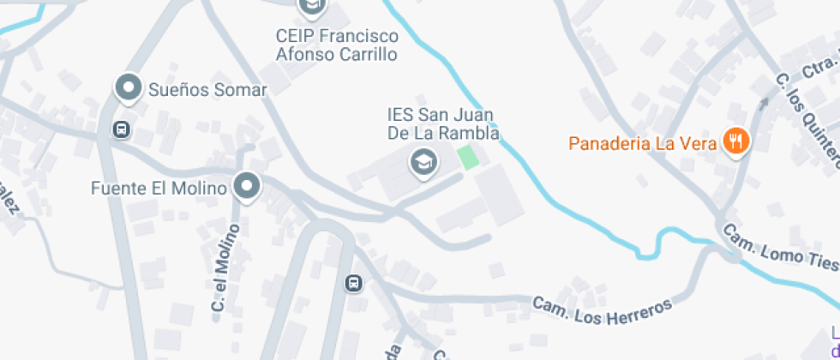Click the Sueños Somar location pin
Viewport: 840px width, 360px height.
pos(129,87)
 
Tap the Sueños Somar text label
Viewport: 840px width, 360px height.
pos(207,89)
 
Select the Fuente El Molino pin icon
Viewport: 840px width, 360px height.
pos(248,186)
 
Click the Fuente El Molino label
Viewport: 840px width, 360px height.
pos(159,188)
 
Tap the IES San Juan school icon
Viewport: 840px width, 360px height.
pos(422,161)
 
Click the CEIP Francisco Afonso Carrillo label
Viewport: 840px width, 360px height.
pos(337,45)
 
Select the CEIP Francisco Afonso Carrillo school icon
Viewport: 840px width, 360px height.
pos(312,7)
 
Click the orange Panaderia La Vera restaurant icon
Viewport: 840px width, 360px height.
pos(735,141)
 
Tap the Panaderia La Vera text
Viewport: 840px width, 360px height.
pos(643,143)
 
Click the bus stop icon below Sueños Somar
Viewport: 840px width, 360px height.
pos(122,130)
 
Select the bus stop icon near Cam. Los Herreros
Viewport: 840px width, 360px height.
pos(353,283)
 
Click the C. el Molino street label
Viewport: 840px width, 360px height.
pos(224,267)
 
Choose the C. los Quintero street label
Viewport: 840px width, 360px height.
pos(807,117)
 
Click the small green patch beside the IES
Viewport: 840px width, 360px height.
pos(468,158)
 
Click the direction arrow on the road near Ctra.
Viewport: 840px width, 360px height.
pos(763,102)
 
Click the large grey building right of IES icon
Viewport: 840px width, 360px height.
pos(500,195)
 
